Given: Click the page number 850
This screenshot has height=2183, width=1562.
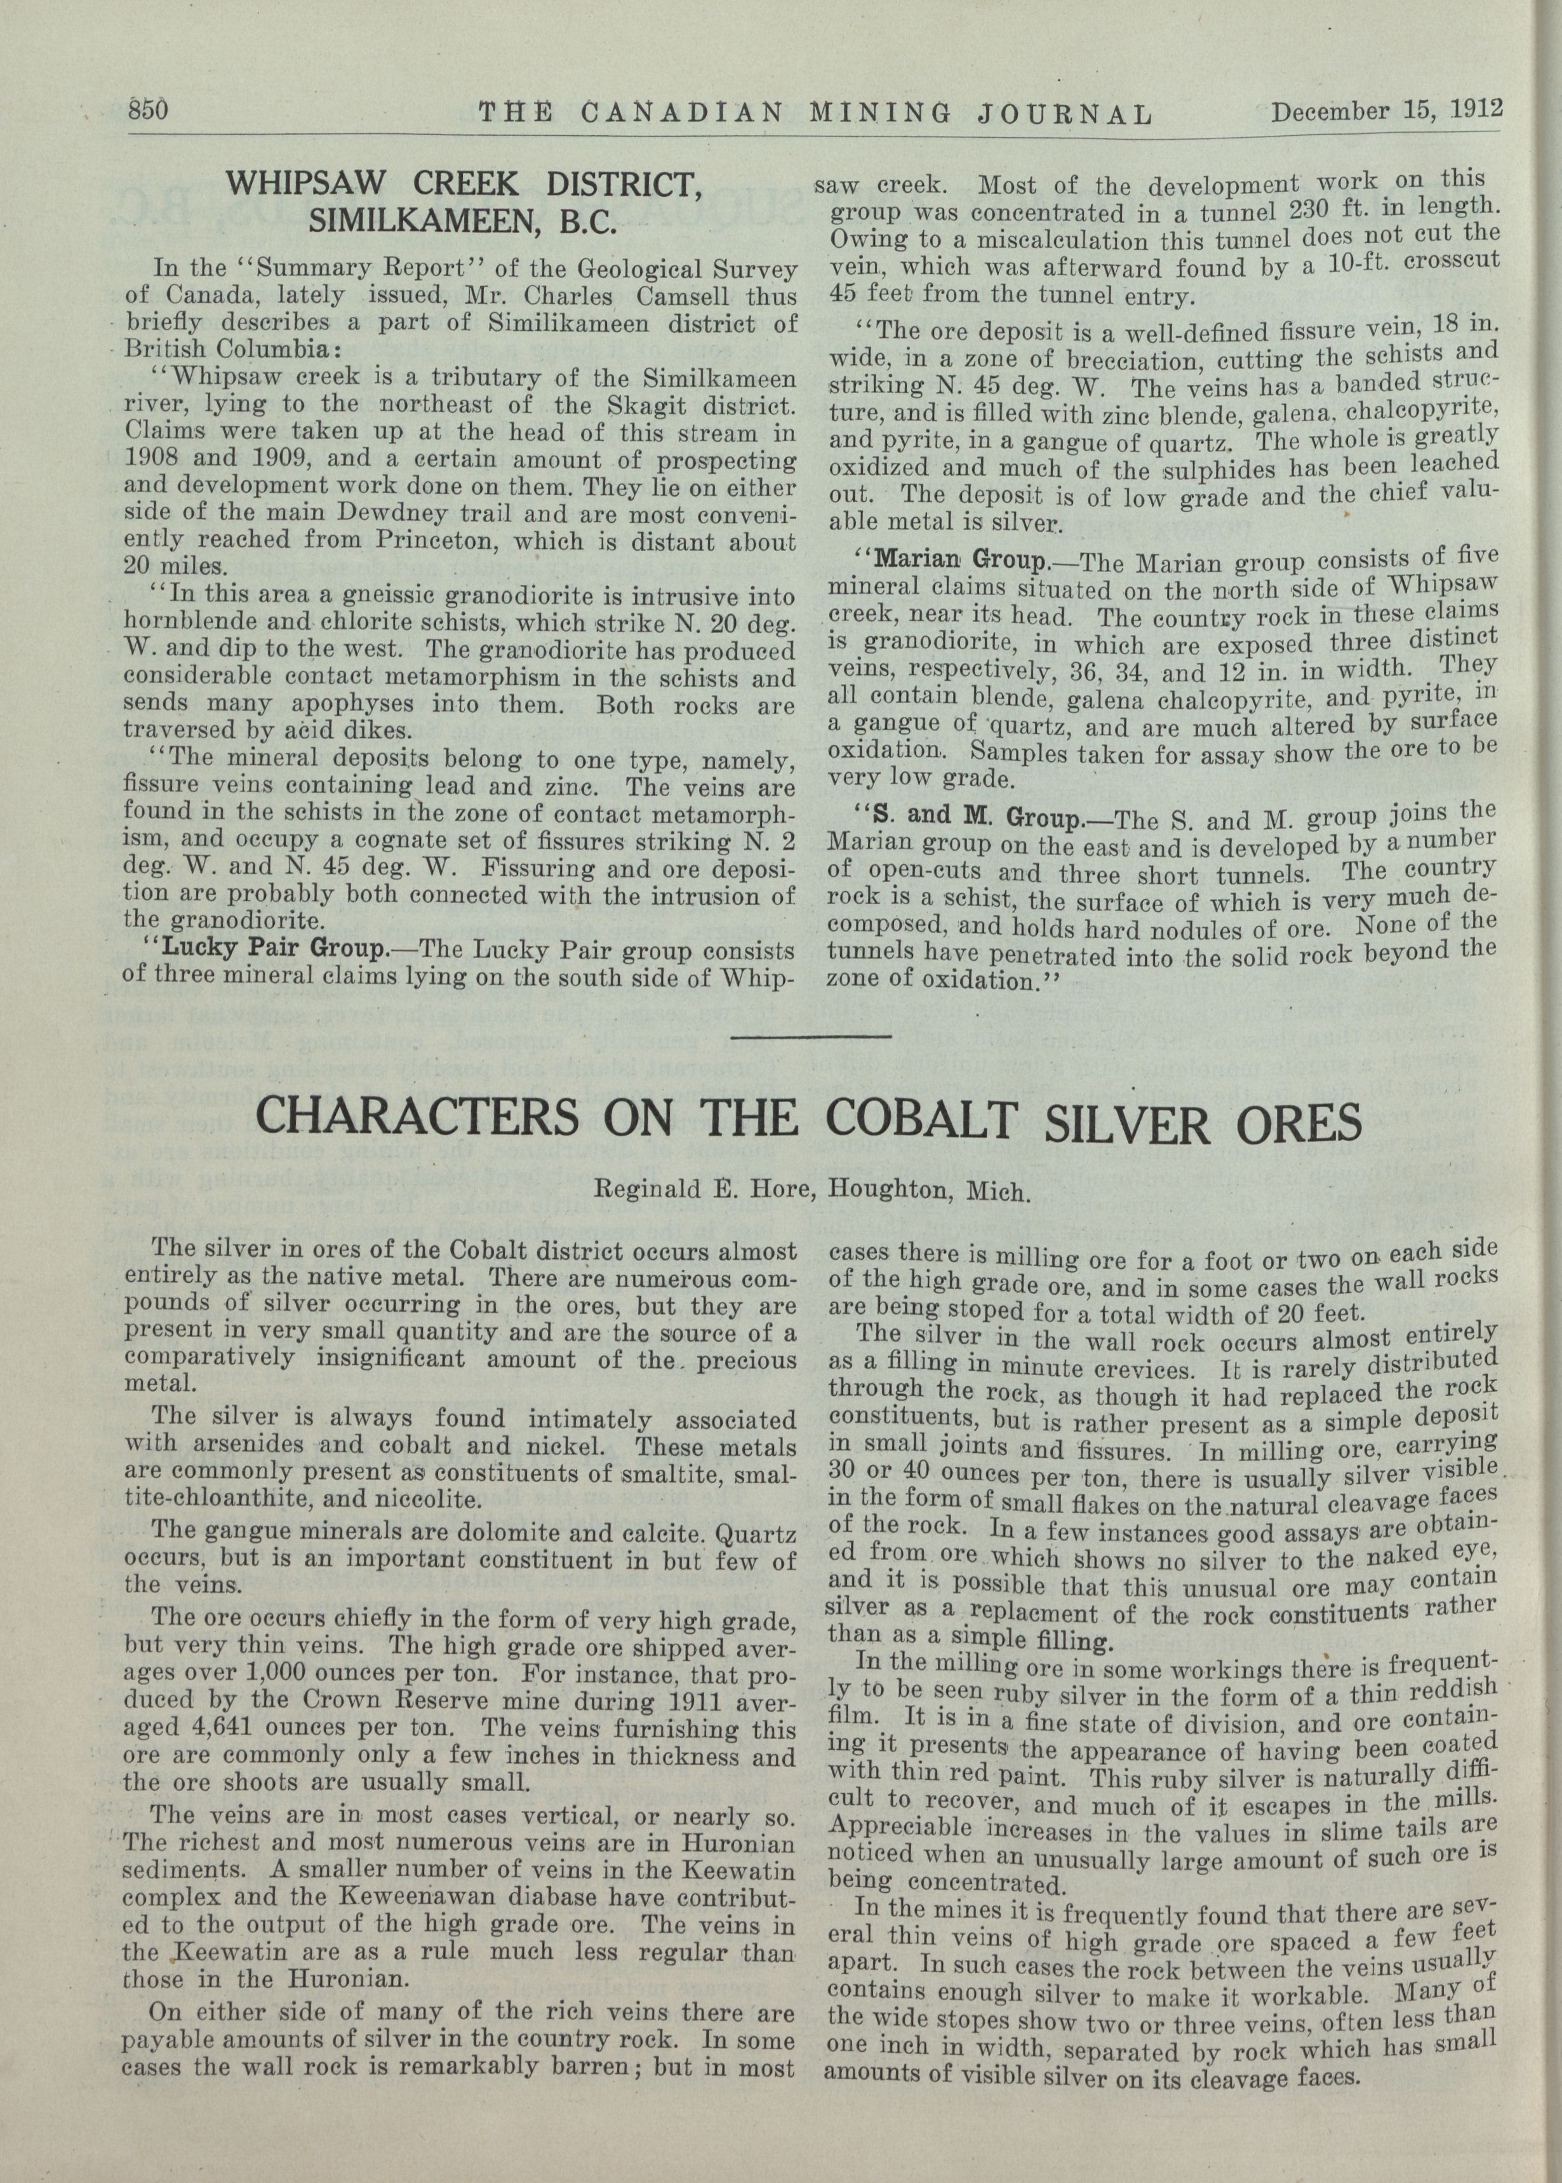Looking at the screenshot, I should (x=149, y=110).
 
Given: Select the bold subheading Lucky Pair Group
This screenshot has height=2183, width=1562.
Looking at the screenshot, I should (x=272, y=951).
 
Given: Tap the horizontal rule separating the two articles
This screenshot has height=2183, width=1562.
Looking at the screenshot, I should (x=811, y=1036).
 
